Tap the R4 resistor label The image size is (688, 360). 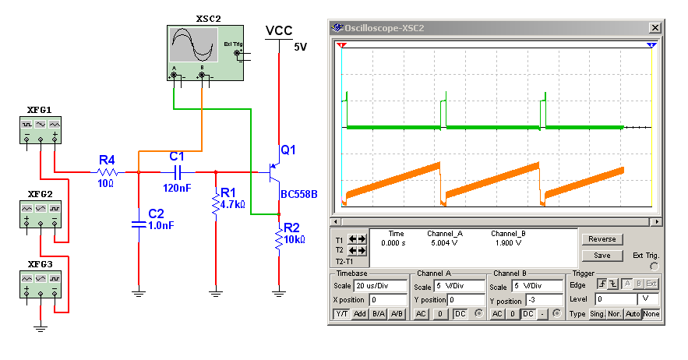pyautogui.click(x=107, y=160)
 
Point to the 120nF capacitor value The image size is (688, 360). pyautogui.click(x=177, y=188)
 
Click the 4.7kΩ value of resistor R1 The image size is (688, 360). pyautogui.click(x=233, y=205)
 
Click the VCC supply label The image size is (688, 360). pyautogui.click(x=279, y=30)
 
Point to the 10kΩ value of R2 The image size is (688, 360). pyautogui.click(x=295, y=239)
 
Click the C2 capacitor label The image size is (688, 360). pyautogui.click(x=156, y=214)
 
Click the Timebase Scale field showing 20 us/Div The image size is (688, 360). pyautogui.click(x=379, y=286)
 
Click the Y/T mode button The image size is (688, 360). pyautogui.click(x=341, y=313)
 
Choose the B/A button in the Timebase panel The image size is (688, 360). pyautogui.click(x=378, y=313)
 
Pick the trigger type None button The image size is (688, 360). pyautogui.click(x=651, y=313)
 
